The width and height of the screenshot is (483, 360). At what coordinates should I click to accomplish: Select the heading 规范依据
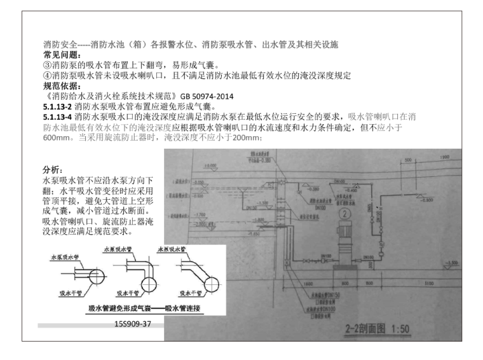55,85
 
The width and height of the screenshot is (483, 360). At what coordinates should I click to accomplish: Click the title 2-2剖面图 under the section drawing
365,330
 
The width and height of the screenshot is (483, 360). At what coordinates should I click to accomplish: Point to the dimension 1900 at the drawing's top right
442,157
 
